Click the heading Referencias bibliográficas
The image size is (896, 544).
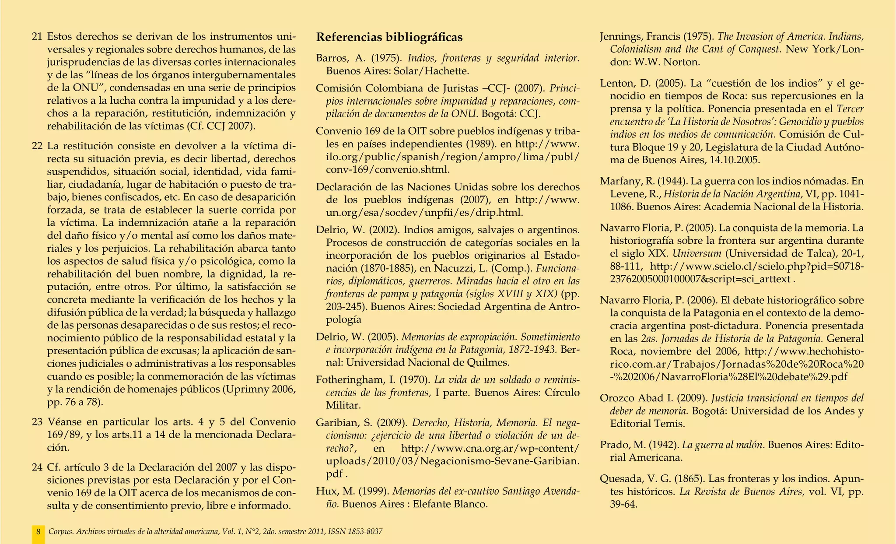(x=389, y=37)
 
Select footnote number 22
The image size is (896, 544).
(x=37, y=145)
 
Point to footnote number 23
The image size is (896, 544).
(x=37, y=422)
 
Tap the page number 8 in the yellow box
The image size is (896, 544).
(x=38, y=532)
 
